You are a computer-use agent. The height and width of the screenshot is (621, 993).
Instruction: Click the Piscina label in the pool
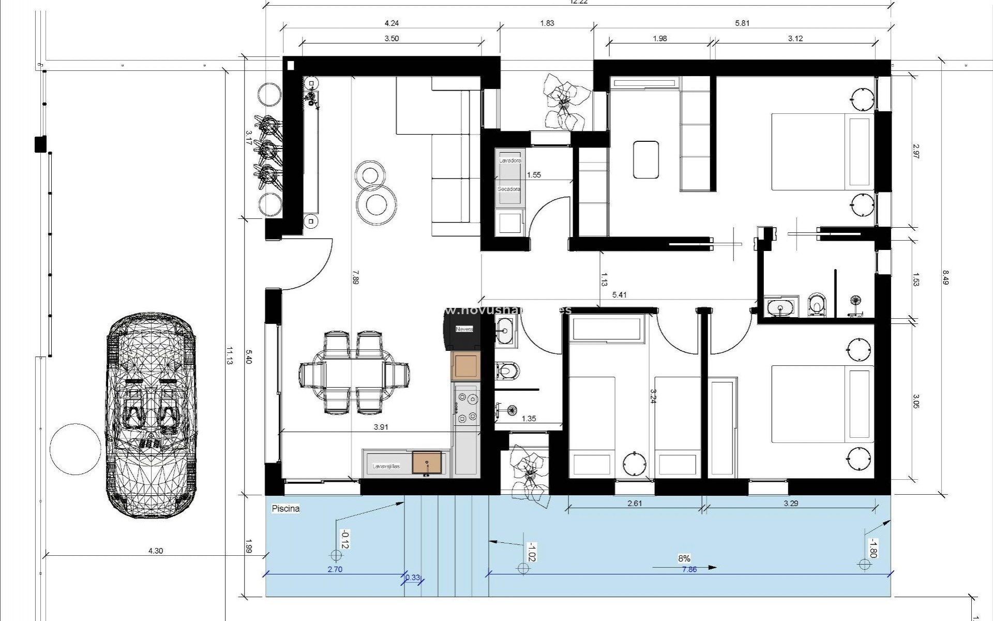[285, 509]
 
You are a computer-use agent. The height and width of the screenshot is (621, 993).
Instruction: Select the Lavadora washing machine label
[510, 161]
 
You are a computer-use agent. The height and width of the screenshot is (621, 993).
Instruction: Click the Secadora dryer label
[509, 189]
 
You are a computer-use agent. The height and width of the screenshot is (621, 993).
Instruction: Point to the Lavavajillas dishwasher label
[386, 466]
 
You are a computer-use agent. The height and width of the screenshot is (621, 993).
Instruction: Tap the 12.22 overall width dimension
[579, 2]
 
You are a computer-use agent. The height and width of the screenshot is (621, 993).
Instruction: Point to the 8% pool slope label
[684, 558]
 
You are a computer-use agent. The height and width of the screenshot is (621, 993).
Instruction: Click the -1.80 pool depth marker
[872, 548]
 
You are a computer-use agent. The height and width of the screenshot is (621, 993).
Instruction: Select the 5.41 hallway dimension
[619, 295]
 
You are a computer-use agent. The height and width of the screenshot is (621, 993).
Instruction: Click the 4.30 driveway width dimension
[155, 551]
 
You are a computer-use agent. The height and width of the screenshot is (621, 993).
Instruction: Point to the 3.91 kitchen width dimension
[381, 427]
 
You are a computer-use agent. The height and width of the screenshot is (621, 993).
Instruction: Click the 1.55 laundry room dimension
[534, 175]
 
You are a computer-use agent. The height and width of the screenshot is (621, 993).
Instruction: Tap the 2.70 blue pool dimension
[335, 569]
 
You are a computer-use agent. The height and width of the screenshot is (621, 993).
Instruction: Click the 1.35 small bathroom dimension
[529, 419]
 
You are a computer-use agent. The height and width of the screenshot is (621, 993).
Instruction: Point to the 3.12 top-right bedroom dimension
[795, 38]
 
